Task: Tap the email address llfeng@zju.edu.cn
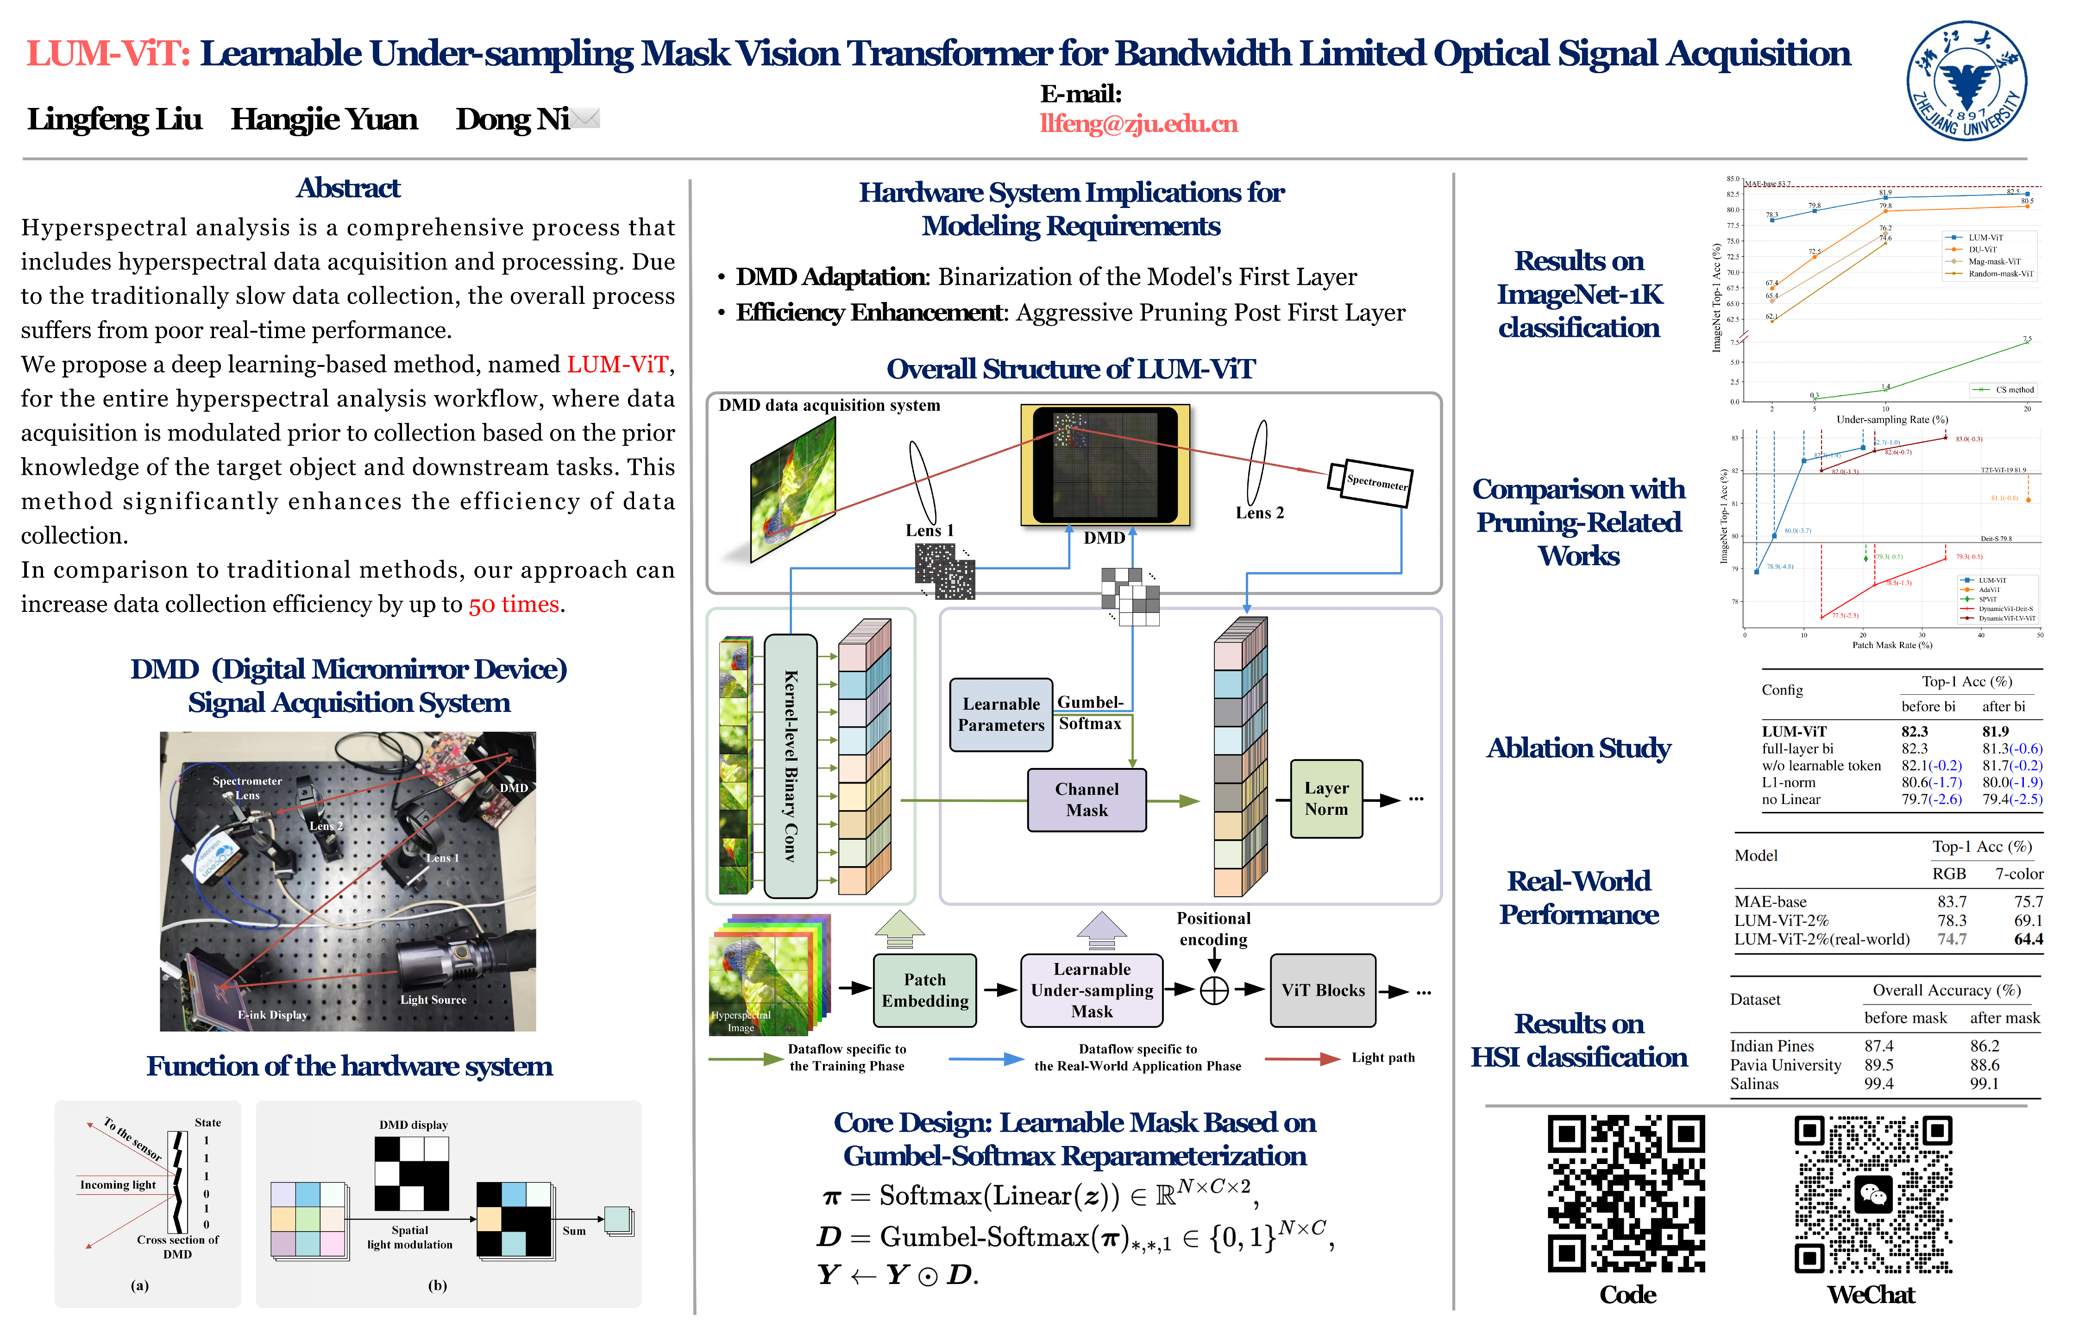(1139, 124)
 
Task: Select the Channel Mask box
(1086, 799)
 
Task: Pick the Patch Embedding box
(925, 990)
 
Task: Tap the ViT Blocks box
(1322, 990)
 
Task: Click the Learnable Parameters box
(1001, 715)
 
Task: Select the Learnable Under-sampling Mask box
(1092, 990)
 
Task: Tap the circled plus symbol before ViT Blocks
(1214, 990)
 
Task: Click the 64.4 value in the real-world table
(2028, 939)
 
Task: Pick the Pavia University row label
(1785, 1064)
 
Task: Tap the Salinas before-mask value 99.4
(1879, 1084)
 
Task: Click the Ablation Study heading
(1578, 748)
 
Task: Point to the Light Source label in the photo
(433, 1000)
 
